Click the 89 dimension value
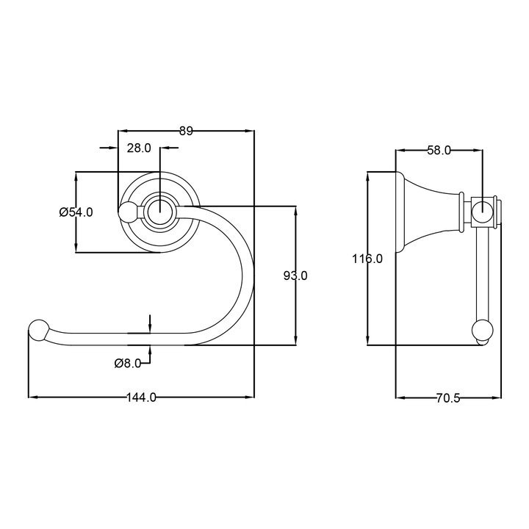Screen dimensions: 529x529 (186, 131)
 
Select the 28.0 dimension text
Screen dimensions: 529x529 (139, 148)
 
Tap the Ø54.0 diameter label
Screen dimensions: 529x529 (76, 212)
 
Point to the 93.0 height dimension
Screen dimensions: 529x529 (295, 276)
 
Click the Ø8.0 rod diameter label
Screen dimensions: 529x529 (128, 363)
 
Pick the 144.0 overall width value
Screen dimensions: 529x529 (141, 397)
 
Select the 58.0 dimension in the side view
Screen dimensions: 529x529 (439, 151)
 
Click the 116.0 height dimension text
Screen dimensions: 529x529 (367, 259)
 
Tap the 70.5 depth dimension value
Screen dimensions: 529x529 (448, 398)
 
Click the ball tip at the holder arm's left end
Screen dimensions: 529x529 (38, 330)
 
